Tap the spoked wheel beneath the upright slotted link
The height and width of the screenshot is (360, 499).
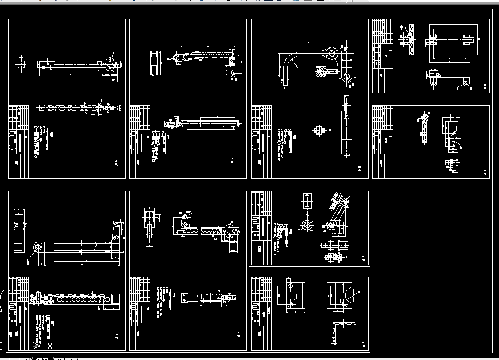click(308, 225)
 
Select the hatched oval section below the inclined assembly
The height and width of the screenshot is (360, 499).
click(329, 257)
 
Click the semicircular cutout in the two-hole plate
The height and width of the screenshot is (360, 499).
click(346, 298)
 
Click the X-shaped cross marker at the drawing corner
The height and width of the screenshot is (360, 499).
click(50, 345)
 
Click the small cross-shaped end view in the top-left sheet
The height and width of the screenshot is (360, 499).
click(21, 63)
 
